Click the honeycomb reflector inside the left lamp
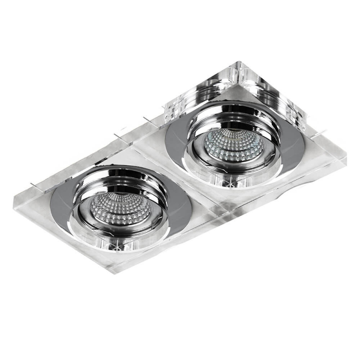tap(118, 208)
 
